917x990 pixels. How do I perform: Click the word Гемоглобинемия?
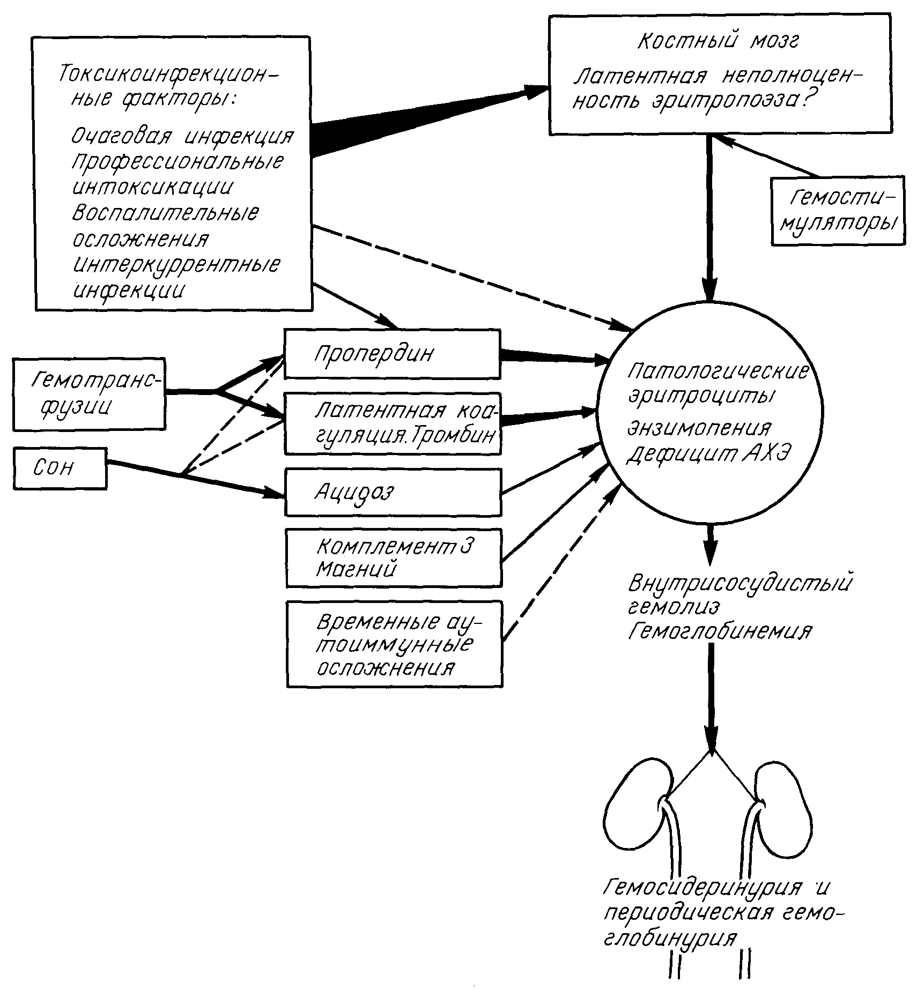[x=719, y=631]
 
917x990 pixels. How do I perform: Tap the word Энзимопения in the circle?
[x=699, y=429]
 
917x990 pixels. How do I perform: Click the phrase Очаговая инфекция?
[x=182, y=137]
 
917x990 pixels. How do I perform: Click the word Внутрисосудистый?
[x=740, y=583]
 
